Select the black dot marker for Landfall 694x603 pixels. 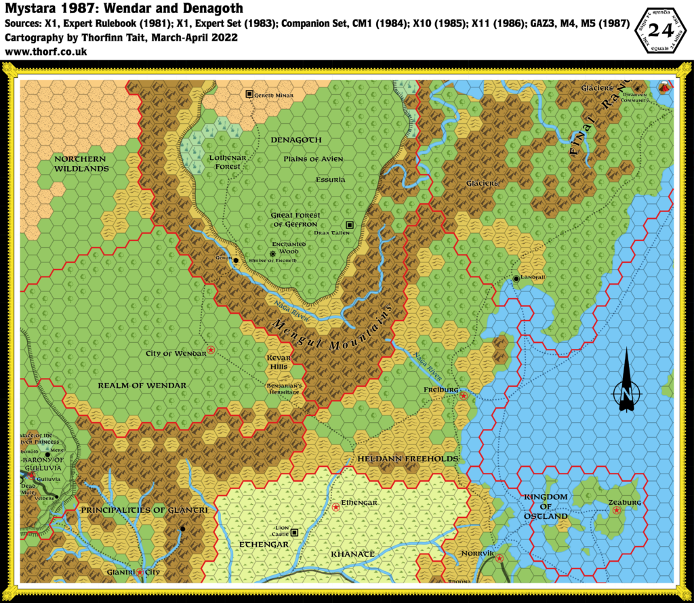pyautogui.click(x=516, y=278)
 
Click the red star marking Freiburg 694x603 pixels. pyautogui.click(x=463, y=395)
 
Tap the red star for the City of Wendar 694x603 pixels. pyautogui.click(x=211, y=350)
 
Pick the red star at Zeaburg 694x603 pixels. pyautogui.click(x=616, y=510)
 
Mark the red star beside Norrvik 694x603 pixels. pyautogui.click(x=499, y=558)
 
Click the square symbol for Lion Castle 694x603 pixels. pyautogui.click(x=295, y=531)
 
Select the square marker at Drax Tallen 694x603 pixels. pyautogui.click(x=350, y=224)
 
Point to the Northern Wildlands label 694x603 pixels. pyautogui.click(x=81, y=163)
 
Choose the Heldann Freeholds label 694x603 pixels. pyautogui.click(x=407, y=459)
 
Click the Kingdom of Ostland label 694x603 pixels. pyautogui.click(x=546, y=507)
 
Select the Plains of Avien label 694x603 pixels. pyautogui.click(x=314, y=159)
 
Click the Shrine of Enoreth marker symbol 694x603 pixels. pyautogui.click(x=272, y=253)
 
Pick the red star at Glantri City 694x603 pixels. pyautogui.click(x=140, y=573)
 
